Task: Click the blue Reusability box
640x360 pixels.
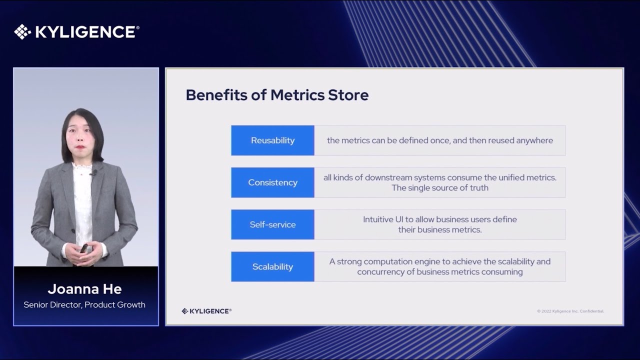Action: point(272,140)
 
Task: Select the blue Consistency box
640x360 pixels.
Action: point(272,182)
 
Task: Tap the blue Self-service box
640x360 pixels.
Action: point(272,224)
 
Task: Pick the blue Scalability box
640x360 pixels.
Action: point(272,266)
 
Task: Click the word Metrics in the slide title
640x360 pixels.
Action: point(297,95)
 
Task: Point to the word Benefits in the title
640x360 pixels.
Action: point(216,95)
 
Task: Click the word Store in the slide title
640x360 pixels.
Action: point(348,95)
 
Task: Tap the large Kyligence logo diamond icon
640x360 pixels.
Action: point(22,31)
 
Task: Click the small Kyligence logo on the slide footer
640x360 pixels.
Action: point(206,311)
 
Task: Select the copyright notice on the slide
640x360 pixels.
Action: point(570,311)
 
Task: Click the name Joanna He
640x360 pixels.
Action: point(85,289)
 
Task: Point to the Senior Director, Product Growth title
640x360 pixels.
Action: point(84,305)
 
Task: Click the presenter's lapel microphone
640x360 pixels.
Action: point(93,172)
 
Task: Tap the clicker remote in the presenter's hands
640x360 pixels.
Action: point(84,248)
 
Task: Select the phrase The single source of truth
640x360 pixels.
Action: point(440,187)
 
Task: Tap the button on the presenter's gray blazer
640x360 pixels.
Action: point(73,230)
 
